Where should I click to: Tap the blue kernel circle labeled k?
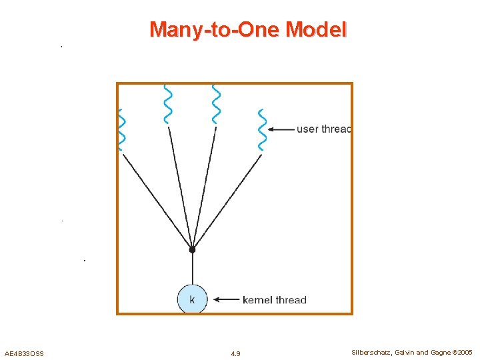click(192, 299)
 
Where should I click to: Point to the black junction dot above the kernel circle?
click(192, 249)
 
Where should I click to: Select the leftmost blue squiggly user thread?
click(121, 130)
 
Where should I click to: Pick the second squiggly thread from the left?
click(168, 104)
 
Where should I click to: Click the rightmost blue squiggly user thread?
click(262, 130)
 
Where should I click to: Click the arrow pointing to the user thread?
click(283, 129)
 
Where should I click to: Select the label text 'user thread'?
click(323, 129)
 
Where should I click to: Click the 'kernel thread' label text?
click(275, 300)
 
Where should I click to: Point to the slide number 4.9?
click(235, 353)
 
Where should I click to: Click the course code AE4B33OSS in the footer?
click(24, 353)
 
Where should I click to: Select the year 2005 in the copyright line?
click(465, 352)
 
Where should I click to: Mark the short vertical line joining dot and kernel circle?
click(192, 268)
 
